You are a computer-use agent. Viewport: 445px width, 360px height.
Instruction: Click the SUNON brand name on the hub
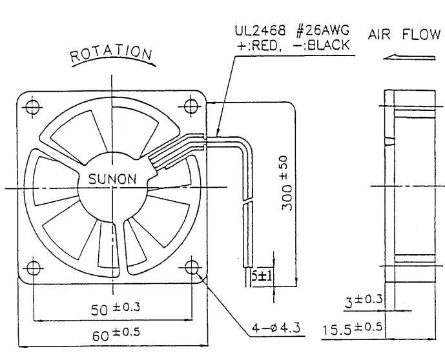coord(112,179)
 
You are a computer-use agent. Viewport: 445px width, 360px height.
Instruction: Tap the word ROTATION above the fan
coord(111,54)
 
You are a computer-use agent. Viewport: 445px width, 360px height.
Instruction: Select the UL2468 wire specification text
coord(260,30)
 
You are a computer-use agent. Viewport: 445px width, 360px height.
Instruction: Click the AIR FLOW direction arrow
coord(409,57)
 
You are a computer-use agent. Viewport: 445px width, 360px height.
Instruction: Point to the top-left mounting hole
coord(32,107)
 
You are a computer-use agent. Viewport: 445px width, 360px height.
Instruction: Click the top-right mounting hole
coord(191,106)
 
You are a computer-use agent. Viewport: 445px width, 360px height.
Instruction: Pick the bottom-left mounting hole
coord(34,268)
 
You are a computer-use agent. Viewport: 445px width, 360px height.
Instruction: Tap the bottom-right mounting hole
coord(192,268)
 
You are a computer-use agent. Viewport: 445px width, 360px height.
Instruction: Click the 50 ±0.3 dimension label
coord(116,308)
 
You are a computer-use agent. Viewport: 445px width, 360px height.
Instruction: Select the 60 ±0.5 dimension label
coord(116,334)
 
